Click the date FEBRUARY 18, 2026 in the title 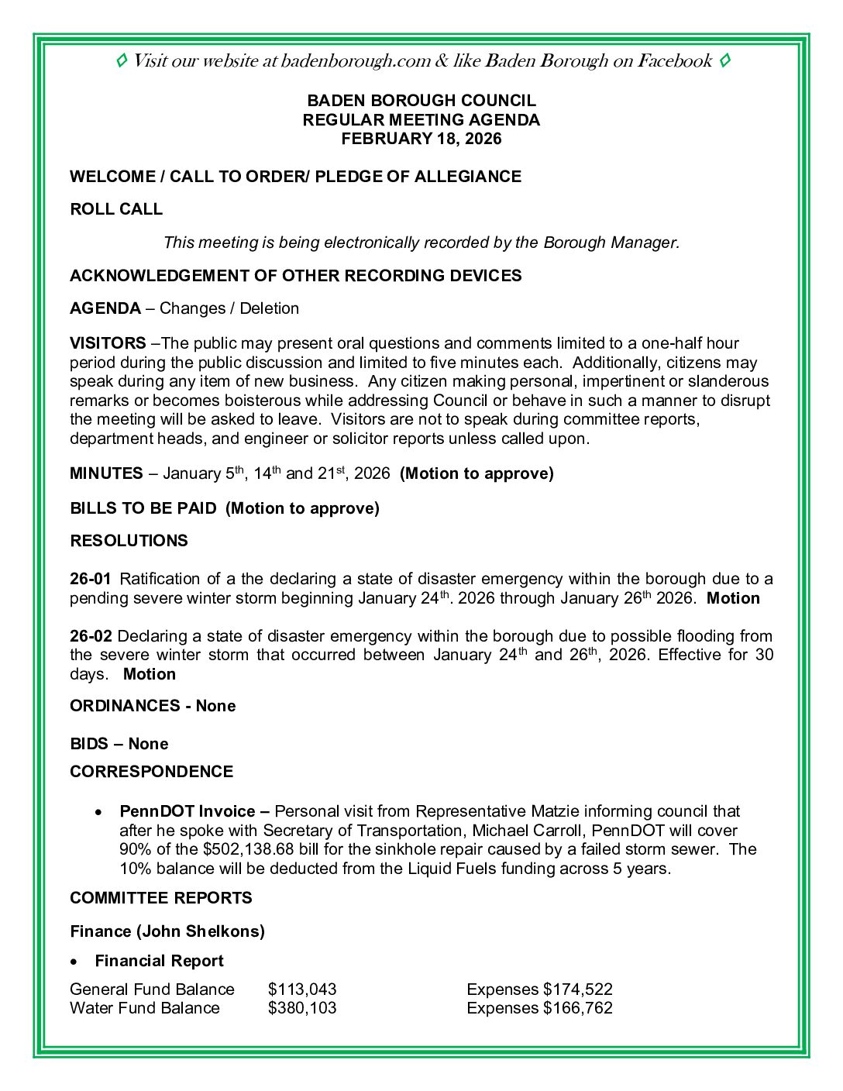point(421,139)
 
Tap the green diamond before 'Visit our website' point(122,60)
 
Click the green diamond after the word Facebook point(724,60)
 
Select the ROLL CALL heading point(116,209)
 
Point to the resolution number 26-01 point(91,579)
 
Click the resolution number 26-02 point(91,636)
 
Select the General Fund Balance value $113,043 point(302,989)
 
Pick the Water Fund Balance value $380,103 point(302,1008)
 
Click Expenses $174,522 point(539,989)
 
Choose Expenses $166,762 point(539,1008)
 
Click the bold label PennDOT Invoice point(187,811)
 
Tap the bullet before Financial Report point(74,962)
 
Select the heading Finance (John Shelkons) point(167,931)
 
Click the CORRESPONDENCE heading point(151,772)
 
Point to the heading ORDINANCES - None point(153,706)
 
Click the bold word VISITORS point(108,343)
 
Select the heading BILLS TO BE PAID point(143,508)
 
